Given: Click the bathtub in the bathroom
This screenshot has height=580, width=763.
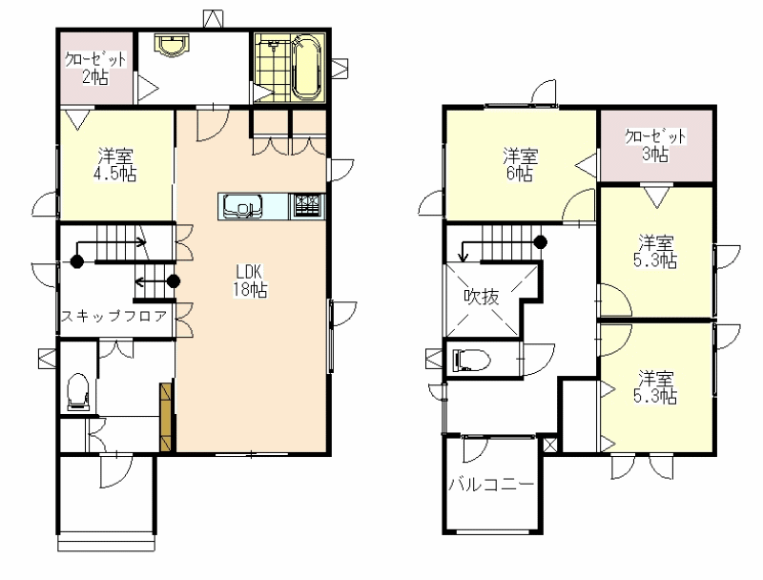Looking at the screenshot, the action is pos(307,67).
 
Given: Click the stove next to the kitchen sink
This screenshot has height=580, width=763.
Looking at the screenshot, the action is pos(307,207).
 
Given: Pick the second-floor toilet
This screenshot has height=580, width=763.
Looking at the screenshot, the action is pos(471,361).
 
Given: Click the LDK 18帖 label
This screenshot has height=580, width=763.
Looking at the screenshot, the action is pos(250,281).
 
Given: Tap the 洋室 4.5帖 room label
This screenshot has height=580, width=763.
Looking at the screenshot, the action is pos(115,165).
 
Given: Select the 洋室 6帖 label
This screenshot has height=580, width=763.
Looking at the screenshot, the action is pos(520,165).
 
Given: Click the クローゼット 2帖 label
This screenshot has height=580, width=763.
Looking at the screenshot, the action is pos(95,68).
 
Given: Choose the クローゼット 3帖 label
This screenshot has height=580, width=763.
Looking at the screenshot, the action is pos(655,145).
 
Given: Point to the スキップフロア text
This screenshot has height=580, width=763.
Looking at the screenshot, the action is pos(113,317).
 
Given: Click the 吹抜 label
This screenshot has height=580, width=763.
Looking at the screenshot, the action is pos(482,297).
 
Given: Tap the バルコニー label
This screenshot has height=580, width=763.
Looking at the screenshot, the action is pos(491,485).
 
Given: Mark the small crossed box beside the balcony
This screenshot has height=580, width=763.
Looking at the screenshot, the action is pos(549,445).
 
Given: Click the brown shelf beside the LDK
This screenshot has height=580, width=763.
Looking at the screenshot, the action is pos(166,417).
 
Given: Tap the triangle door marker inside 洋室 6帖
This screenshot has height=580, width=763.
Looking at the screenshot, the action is pos(587,166).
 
